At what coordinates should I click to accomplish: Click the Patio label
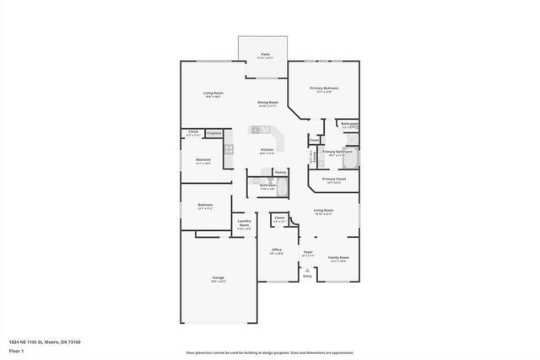(265, 54)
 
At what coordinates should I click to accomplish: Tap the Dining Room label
(268, 102)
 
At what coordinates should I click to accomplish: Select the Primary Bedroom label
(325, 88)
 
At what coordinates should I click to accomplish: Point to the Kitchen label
(266, 150)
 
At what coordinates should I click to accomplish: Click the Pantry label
(280, 171)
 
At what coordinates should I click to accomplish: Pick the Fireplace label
(214, 132)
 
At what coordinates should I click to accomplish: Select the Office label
(277, 250)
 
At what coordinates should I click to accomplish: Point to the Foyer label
(308, 251)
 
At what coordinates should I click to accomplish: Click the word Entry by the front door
(307, 277)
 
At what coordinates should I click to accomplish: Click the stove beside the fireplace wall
(228, 149)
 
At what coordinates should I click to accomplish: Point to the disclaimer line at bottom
(269, 352)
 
